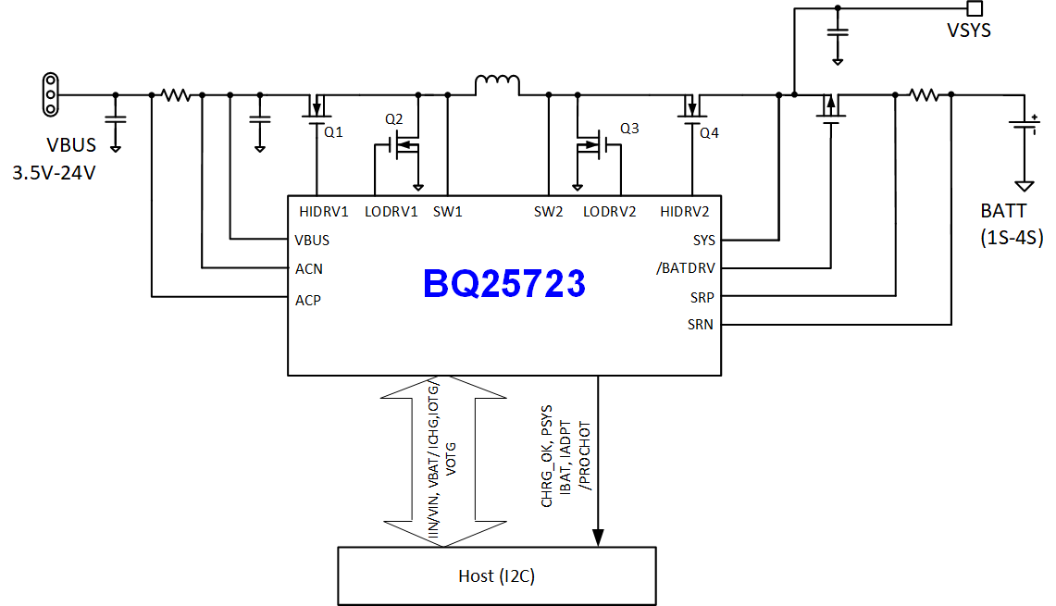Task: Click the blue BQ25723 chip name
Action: (x=504, y=284)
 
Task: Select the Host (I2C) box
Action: (x=497, y=575)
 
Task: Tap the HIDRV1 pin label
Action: (x=324, y=211)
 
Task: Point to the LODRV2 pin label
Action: (x=610, y=211)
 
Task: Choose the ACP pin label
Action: (x=308, y=300)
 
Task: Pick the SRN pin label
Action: (x=701, y=325)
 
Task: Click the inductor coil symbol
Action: (x=498, y=86)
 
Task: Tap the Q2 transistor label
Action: (x=394, y=119)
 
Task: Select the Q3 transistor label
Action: (x=629, y=129)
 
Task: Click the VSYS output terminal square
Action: (x=974, y=8)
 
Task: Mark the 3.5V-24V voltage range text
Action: (x=54, y=173)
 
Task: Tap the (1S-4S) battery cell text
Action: (x=1012, y=238)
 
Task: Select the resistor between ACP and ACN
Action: (x=175, y=94)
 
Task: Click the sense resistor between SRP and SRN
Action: (x=923, y=94)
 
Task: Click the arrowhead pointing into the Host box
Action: (x=599, y=537)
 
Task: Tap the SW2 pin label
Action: (x=548, y=211)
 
